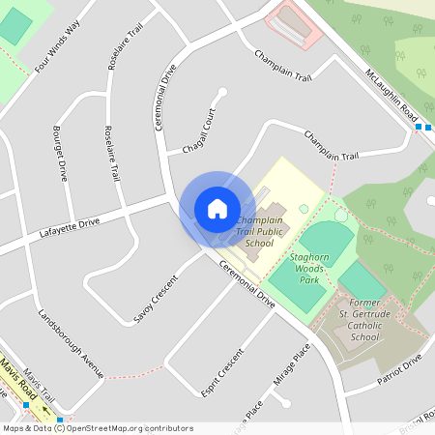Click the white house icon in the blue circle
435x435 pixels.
tap(217, 209)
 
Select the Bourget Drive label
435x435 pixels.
tap(60, 152)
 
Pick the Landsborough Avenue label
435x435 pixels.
tap(71, 342)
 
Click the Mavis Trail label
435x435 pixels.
tap(42, 385)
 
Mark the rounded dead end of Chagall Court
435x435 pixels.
tap(223, 92)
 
